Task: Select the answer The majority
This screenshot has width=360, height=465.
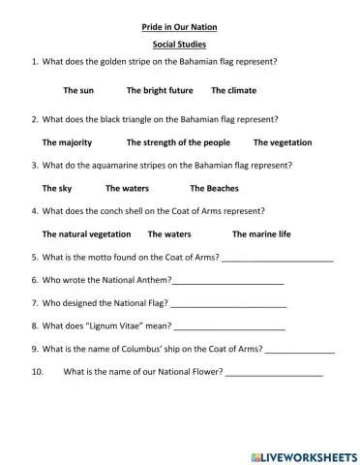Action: coord(67,142)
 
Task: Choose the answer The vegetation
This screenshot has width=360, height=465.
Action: coord(283,142)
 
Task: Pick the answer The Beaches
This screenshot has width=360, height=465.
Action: coord(214,188)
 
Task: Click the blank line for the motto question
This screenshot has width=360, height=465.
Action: coord(278,260)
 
